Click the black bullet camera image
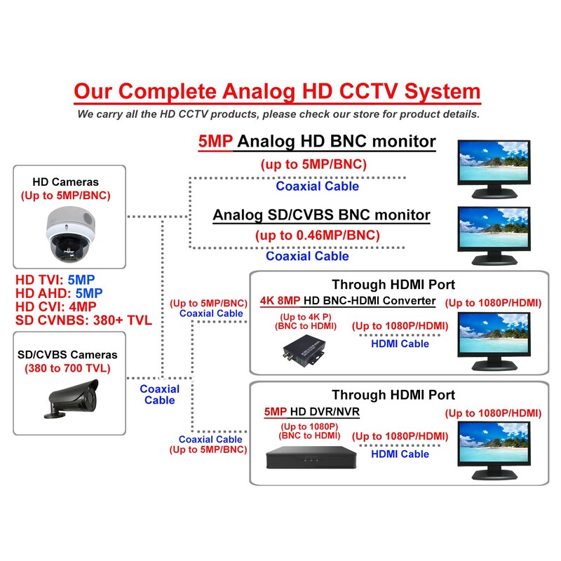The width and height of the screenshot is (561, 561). point(69,398)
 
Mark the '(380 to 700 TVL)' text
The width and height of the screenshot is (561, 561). point(68,368)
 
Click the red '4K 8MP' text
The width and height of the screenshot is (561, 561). point(280,301)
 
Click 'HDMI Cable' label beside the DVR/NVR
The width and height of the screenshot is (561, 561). point(400,454)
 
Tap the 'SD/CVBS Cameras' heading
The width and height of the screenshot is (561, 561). point(68,355)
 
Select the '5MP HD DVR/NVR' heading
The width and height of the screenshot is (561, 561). point(311,412)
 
